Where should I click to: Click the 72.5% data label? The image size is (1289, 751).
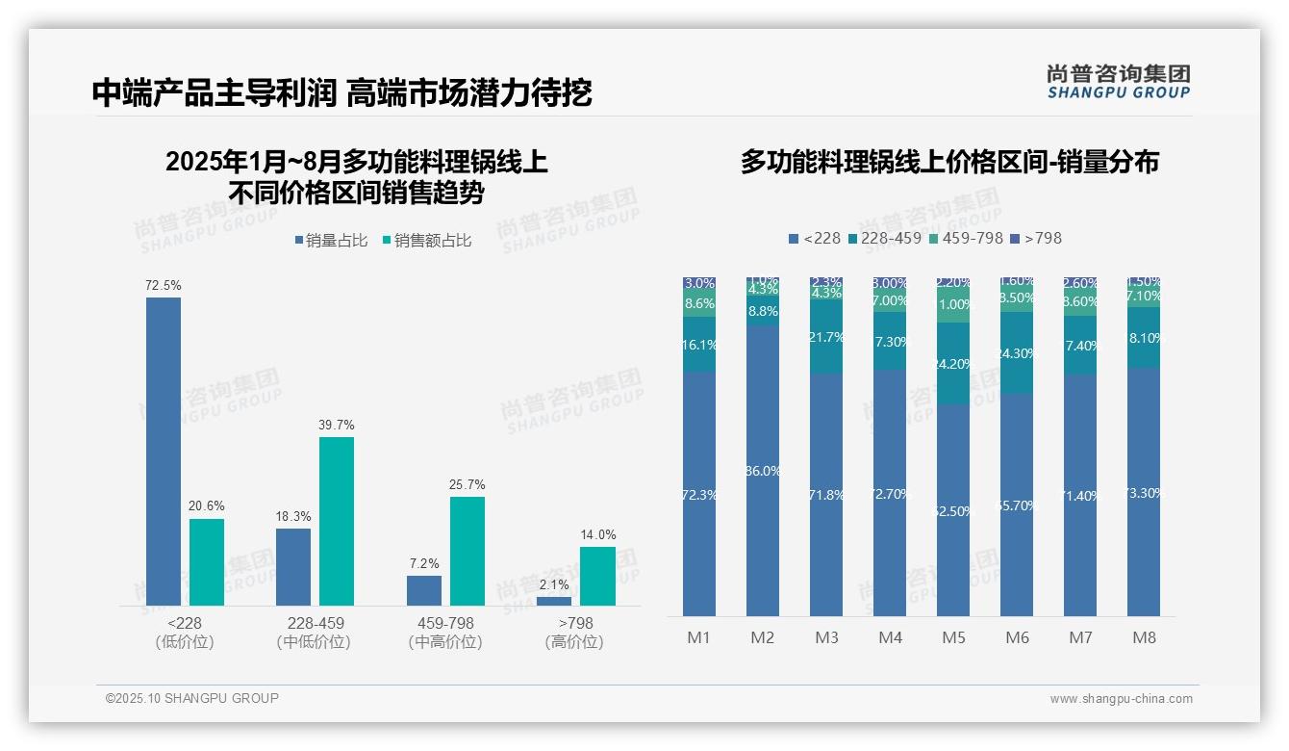click(x=164, y=286)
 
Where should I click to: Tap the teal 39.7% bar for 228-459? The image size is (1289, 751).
click(x=337, y=521)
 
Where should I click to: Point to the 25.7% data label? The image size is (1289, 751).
click(x=468, y=484)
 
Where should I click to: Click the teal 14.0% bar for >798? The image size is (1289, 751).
click(x=597, y=576)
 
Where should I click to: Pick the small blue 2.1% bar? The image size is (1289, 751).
click(x=554, y=601)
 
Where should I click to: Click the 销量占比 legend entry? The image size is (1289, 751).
click(x=331, y=241)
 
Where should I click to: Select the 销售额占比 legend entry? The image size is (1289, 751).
click(x=427, y=241)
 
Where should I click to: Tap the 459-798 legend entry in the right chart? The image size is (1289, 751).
click(x=965, y=238)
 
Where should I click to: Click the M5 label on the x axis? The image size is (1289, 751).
click(x=953, y=637)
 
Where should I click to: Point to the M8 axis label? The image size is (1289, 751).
click(x=1144, y=637)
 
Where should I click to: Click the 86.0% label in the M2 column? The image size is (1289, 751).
click(x=763, y=471)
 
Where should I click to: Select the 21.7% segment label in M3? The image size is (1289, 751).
click(x=826, y=337)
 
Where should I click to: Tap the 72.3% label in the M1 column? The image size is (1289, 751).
click(x=699, y=495)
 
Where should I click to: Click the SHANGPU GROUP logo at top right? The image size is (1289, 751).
click(x=1119, y=82)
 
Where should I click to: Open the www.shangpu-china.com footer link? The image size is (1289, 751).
click(x=1121, y=699)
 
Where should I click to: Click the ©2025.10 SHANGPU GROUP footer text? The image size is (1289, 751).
click(x=192, y=698)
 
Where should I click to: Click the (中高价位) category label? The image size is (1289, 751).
click(x=445, y=642)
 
